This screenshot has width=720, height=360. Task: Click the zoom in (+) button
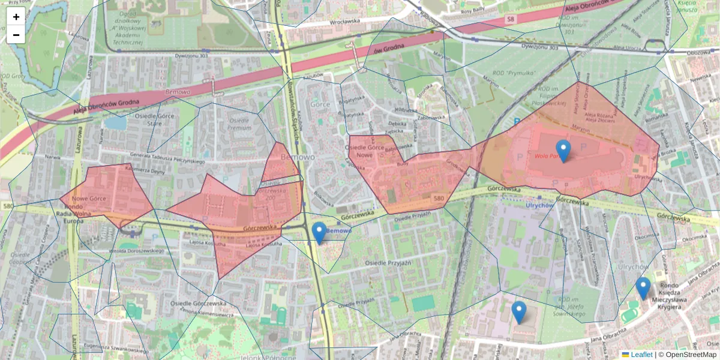coord(16,17)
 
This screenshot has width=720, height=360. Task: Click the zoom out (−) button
coord(16,35)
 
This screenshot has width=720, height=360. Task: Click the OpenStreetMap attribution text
coord(690,355)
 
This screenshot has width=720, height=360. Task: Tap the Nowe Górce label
coord(89,199)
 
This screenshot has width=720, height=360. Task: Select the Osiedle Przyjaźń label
coord(388,263)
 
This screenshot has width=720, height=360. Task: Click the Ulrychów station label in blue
coord(538,205)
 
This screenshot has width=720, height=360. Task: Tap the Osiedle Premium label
coord(239,124)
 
